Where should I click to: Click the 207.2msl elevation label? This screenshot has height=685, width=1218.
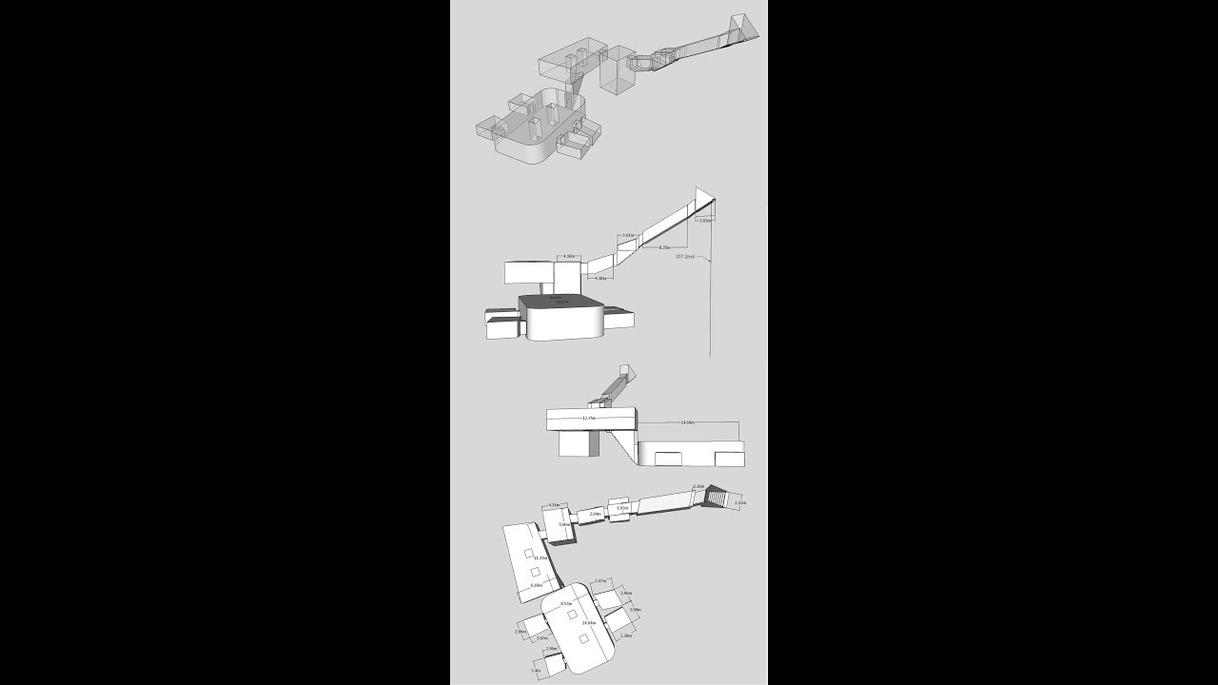(684, 256)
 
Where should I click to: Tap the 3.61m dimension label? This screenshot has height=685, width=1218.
(628, 234)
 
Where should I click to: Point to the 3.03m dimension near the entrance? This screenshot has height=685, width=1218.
(703, 220)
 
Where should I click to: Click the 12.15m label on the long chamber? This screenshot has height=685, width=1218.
(588, 418)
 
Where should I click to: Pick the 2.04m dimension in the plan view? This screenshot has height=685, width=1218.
(595, 514)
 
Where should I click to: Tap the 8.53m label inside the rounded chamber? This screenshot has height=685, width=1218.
(566, 603)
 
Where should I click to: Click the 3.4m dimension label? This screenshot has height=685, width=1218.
(536, 671)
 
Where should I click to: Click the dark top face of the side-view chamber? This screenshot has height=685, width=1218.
(561, 303)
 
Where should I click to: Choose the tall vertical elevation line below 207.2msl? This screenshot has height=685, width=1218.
(710, 304)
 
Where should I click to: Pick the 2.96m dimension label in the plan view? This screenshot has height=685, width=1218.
(626, 593)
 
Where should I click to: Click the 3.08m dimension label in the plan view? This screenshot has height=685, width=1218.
(635, 609)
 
